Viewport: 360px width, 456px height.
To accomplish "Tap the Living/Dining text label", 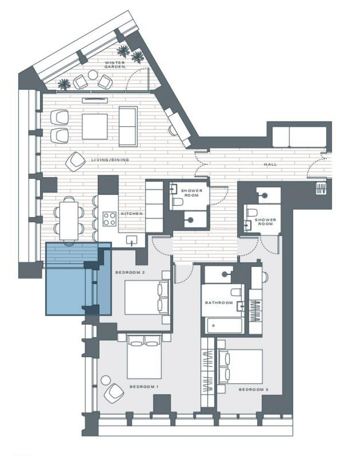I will coord(110,160).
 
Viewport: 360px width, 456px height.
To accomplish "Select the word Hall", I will coord(270,165).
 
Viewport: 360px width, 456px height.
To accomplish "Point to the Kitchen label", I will coord(132,214).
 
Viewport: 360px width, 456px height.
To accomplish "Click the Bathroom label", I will coord(219,303).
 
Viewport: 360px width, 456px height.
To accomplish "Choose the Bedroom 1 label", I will coord(144,387).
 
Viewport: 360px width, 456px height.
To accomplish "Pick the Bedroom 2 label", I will coord(129,272).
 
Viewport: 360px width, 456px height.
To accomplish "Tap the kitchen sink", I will coord(133,240).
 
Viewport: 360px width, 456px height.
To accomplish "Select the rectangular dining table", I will coord(69,220).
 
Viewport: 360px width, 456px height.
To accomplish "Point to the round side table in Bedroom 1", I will coord(105,380).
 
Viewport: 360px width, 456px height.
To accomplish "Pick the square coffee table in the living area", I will coord(95,127).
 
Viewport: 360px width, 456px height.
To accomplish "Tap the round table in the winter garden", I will coord(93,75).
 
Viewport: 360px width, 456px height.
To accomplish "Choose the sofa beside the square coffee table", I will coord(128,127).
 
